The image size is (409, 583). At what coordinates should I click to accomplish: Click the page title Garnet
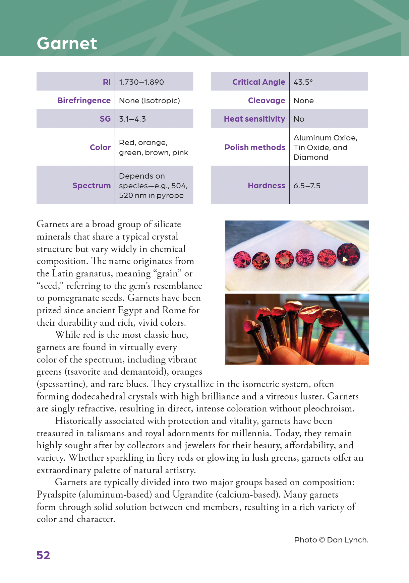[67, 44]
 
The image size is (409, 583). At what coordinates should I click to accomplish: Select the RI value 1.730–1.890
[141, 82]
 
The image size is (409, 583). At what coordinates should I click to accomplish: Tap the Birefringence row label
[84, 101]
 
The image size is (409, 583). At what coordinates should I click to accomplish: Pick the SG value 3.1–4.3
[132, 119]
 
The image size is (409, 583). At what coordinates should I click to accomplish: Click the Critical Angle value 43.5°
[303, 82]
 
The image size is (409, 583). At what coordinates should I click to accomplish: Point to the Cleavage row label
[266, 101]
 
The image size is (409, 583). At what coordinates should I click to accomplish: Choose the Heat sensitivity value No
[299, 119]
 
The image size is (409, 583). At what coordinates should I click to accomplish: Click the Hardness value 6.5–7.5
[307, 186]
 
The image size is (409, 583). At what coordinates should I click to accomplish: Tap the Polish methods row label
[255, 147]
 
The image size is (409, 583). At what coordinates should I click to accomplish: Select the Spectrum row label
[91, 186]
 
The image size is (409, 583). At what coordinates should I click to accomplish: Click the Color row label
[100, 147]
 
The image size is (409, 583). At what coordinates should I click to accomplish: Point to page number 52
[43, 555]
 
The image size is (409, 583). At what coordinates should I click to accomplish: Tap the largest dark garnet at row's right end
[348, 254]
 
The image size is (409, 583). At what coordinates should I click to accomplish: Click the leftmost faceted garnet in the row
[242, 260]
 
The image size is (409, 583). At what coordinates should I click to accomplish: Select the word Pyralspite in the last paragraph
[56, 495]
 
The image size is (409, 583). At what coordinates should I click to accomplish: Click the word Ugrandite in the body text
[192, 495]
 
